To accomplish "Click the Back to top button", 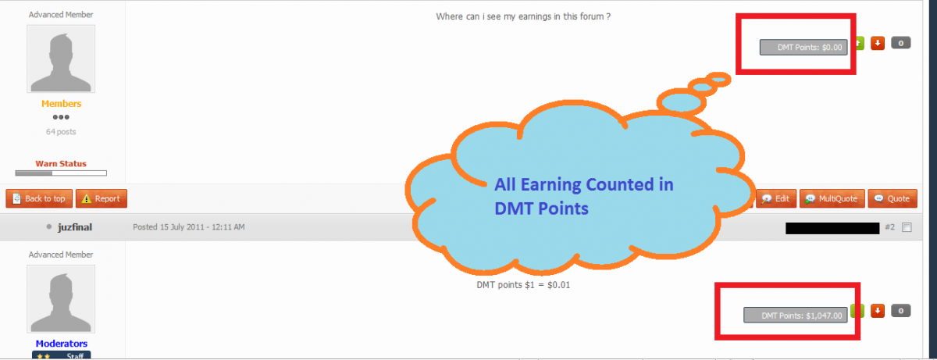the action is pos(39,198).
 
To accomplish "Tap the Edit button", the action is pos(776,198).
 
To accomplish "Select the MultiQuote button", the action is pos(832,198).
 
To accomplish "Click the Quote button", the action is pos(892,198).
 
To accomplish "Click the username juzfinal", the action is pos(75,227).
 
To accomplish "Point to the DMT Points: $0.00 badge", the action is pos(803,48).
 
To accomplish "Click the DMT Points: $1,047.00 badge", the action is pos(796,315).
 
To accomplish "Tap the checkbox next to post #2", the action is pos(907,227).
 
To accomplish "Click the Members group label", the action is pos(61,104).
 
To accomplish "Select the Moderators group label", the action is pos(62,344).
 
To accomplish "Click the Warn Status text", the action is pos(61,164).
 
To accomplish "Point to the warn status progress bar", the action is pos(61,173).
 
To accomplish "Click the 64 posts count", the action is pos(61,132).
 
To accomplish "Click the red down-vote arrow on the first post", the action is pos(878,43).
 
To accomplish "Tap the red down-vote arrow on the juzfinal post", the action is pos(878,311).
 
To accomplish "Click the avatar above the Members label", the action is pos(61,59).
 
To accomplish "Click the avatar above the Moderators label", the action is pos(61,299).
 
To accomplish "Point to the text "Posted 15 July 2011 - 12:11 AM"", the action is pos(189,227).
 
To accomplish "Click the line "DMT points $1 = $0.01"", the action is pos(523,285).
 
